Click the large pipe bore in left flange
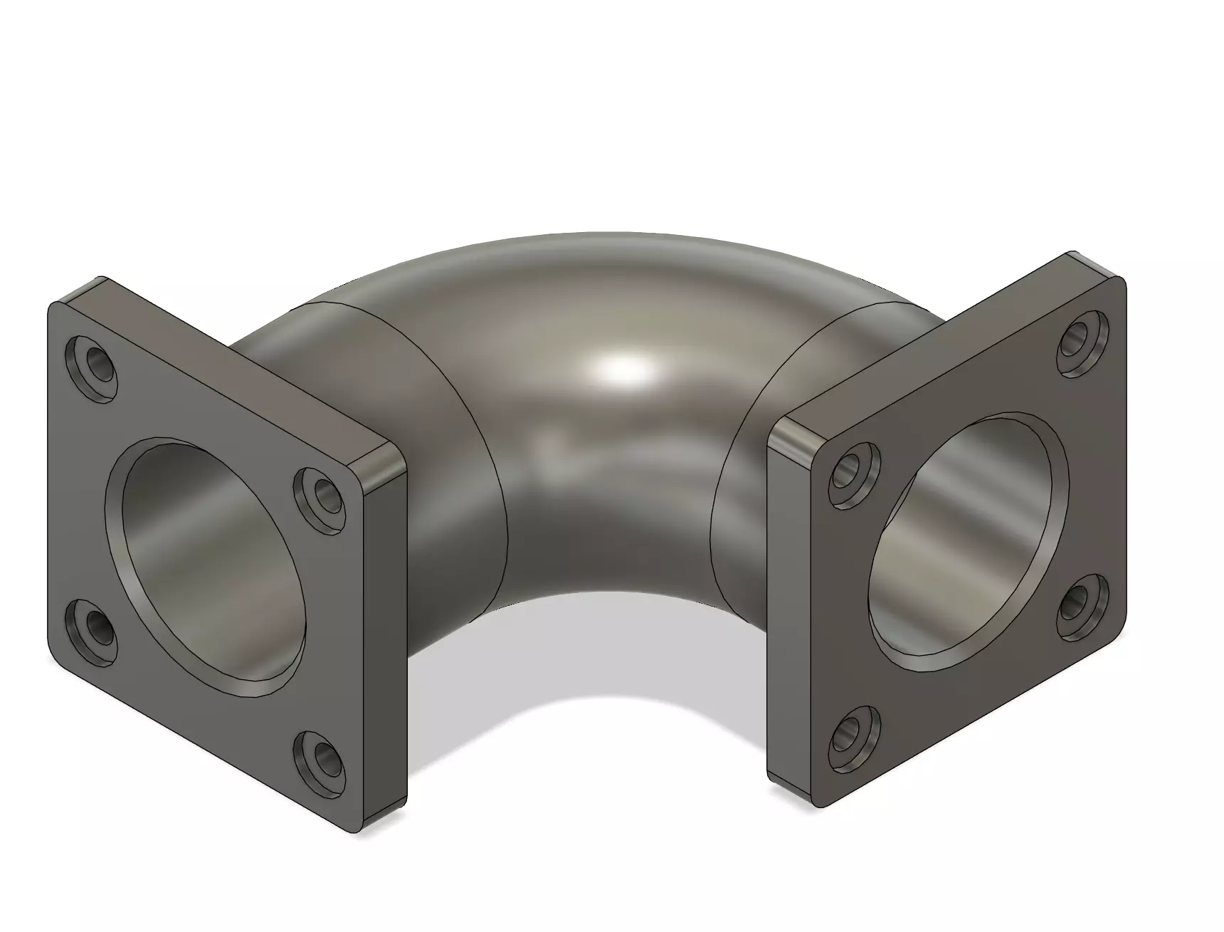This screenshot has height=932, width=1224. [206, 562]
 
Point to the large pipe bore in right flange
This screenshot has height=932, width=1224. [968, 541]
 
